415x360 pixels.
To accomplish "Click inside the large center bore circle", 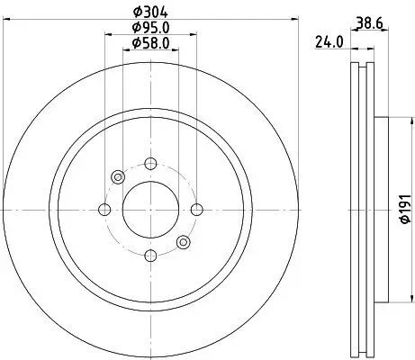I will tap(149, 209).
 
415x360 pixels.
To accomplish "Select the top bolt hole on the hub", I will tap(149, 165).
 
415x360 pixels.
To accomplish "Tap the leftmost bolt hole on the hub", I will tap(104, 209).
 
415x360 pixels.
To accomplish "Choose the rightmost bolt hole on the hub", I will tap(193, 209).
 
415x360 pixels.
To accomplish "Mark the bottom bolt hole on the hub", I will tap(149, 253).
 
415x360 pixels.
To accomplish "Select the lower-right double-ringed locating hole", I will tap(183, 241).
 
